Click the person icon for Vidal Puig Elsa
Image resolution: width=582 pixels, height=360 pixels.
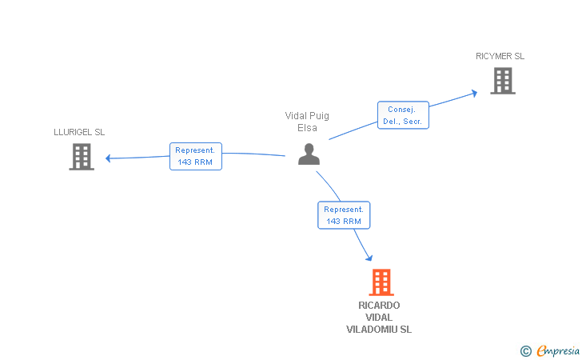pyautogui.click(x=309, y=154)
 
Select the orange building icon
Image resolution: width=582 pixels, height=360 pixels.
pyautogui.click(x=381, y=282)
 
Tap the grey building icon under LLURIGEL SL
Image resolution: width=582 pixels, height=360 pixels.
pyautogui.click(x=82, y=157)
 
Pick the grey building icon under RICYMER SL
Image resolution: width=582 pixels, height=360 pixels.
pyautogui.click(x=503, y=81)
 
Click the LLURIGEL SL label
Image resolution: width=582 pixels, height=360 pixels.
pyautogui.click(x=79, y=132)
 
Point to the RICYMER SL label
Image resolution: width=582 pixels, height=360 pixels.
pyautogui.click(x=500, y=56)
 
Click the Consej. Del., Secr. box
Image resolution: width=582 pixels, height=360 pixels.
pyautogui.click(x=403, y=115)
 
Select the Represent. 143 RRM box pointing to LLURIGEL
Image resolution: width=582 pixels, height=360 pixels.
pyautogui.click(x=196, y=157)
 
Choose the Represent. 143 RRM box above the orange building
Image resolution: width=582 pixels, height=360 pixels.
pyautogui.click(x=344, y=215)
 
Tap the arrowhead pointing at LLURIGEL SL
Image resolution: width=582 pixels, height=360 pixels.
pyautogui.click(x=108, y=158)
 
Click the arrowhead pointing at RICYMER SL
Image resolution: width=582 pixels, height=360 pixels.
pyautogui.click(x=474, y=93)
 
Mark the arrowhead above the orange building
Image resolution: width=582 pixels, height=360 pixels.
pyautogui.click(x=369, y=258)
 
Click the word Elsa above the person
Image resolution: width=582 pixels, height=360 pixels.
pyautogui.click(x=307, y=128)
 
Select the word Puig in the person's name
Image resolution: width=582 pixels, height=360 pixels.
pyautogui.click(x=319, y=116)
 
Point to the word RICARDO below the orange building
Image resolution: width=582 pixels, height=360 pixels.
pyautogui.click(x=379, y=306)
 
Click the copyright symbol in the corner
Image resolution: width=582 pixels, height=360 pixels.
pyautogui.click(x=525, y=351)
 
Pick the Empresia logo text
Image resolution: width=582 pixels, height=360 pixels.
pyautogui.click(x=558, y=351)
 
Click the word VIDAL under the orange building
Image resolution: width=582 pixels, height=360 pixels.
pyautogui.click(x=379, y=318)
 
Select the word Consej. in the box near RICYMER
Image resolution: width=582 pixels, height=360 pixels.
pyautogui.click(x=401, y=110)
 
